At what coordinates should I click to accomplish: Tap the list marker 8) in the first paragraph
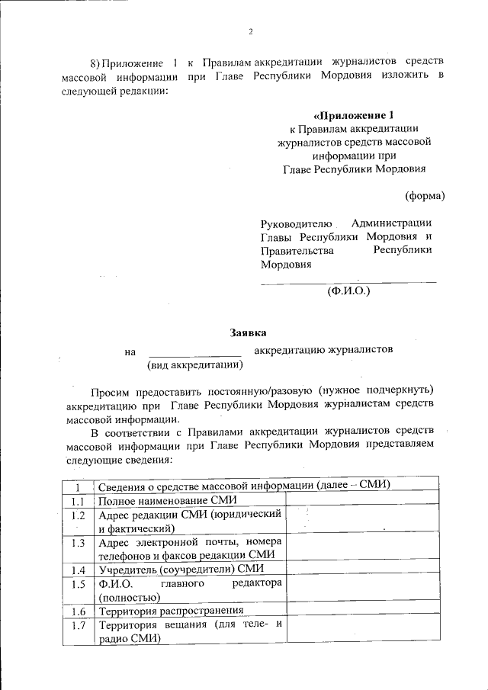click(95, 61)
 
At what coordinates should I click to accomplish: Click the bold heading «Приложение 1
click(353, 116)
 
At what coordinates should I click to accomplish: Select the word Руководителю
click(296, 223)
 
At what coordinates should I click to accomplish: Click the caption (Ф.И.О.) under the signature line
click(348, 290)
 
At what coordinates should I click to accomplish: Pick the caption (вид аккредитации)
click(194, 365)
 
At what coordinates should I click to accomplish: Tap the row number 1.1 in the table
click(77, 501)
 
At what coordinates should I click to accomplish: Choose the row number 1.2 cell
click(77, 516)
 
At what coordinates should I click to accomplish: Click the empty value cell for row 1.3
click(362, 548)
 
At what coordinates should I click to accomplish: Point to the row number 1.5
click(77, 585)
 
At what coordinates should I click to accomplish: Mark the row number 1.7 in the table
click(77, 627)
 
